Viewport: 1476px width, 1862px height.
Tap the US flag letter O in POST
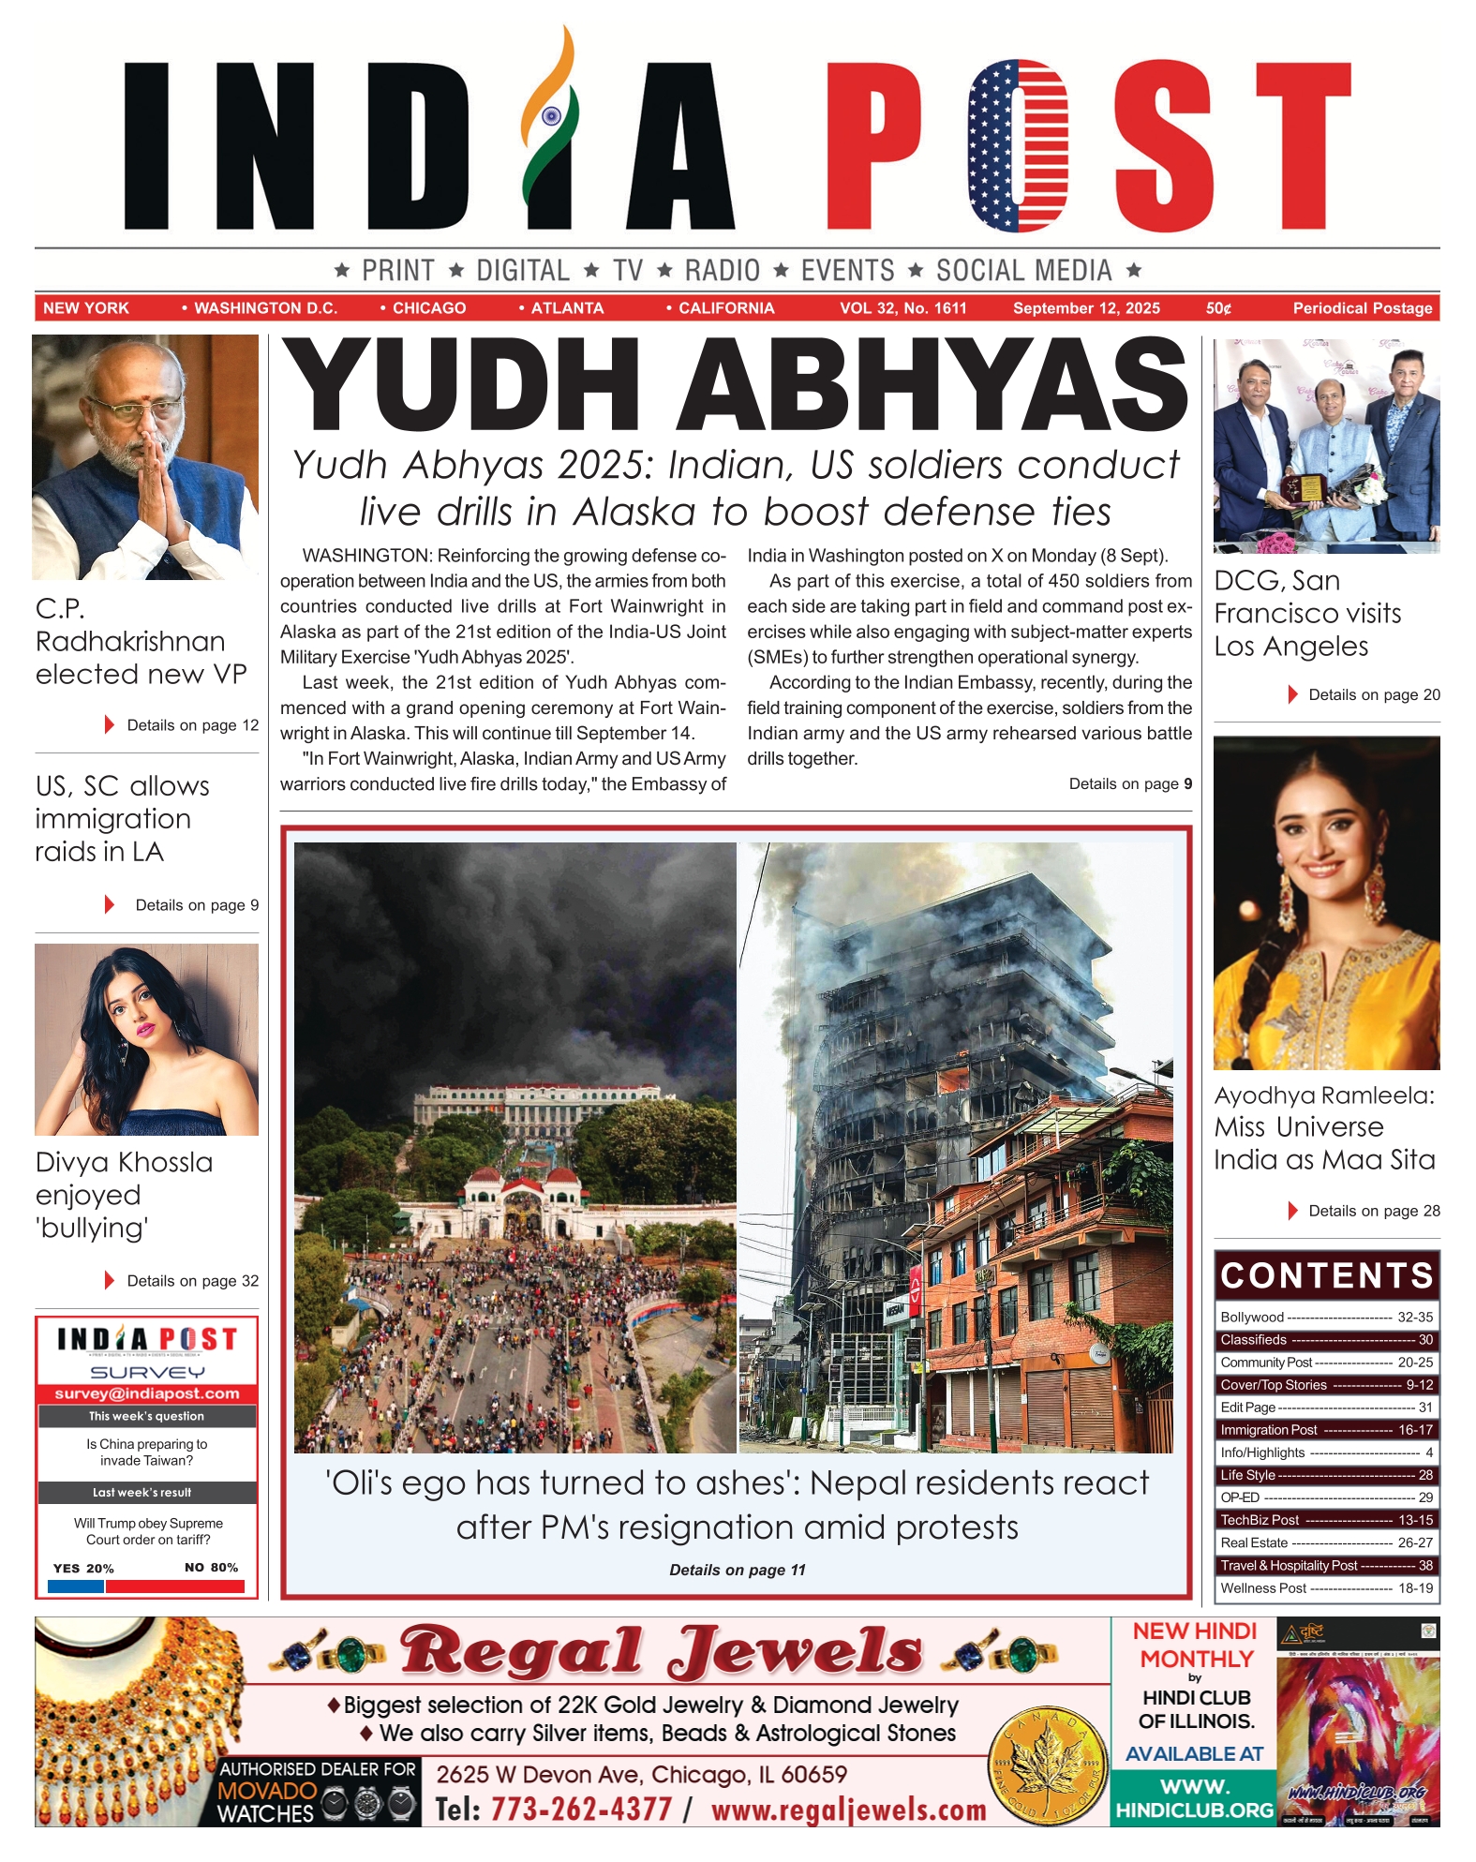pos(1018,145)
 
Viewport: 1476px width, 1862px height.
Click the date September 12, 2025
pos(1086,308)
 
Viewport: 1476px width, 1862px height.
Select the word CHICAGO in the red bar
pos(429,308)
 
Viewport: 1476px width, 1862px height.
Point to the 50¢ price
pos(1218,308)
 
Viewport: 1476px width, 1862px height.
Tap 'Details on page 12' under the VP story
pos(192,725)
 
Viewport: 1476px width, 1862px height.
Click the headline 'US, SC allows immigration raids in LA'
pos(122,818)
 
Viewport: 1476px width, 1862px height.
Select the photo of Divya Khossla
pos(146,1039)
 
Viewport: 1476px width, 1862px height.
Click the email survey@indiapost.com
pos(147,1393)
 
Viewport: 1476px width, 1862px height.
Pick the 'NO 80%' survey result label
pos(211,1568)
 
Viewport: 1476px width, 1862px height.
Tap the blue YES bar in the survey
pos(75,1586)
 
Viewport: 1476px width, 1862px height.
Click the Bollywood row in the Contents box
pos(1326,1318)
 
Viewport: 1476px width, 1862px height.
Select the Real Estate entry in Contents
pos(1326,1542)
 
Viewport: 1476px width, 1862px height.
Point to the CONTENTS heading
pos(1326,1276)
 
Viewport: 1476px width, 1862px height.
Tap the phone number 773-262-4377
pos(581,1809)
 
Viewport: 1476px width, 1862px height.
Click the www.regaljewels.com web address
pos(849,1810)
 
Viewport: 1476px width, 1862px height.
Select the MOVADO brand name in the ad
pos(267,1791)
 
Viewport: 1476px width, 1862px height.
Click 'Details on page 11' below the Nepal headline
pos(738,1570)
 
